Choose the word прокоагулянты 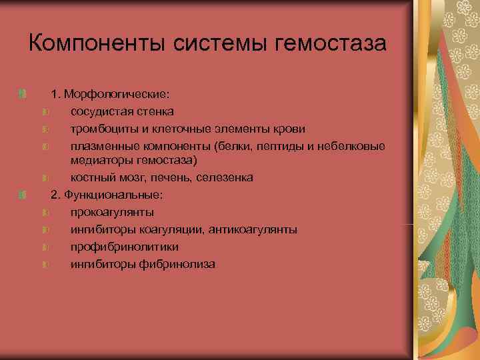click(112, 213)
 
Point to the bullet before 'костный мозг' click(45, 178)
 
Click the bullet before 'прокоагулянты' click(45, 213)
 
